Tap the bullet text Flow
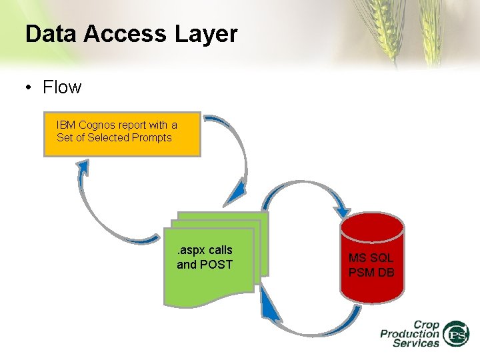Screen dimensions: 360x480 pos(61,87)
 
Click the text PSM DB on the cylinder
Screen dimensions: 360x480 pos(371,272)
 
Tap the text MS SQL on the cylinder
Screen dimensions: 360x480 pos(371,257)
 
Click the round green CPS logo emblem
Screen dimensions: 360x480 pos(457,334)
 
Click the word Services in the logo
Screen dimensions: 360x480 pos(416,343)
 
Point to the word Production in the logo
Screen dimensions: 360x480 pos(410,333)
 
